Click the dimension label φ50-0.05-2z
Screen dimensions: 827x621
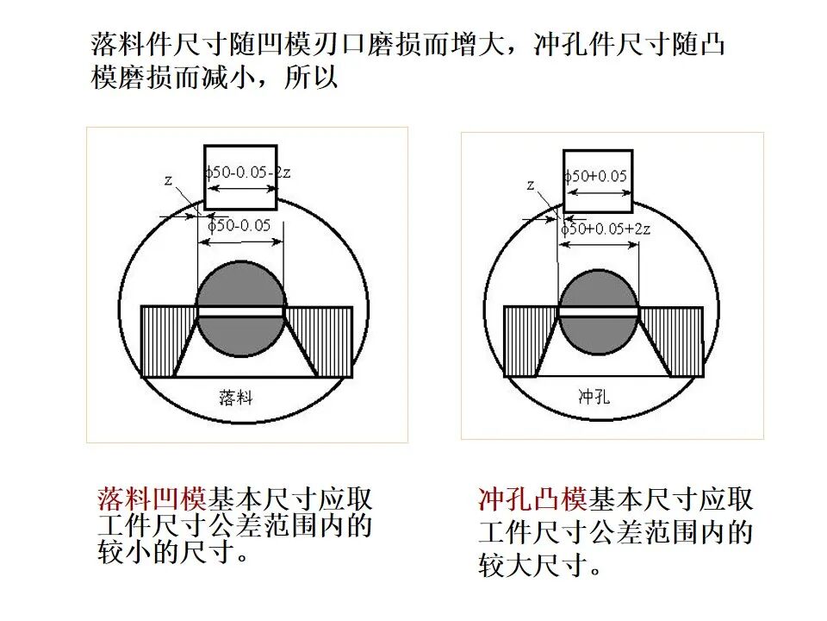tap(248, 172)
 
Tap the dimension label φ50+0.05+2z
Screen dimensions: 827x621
tap(606, 229)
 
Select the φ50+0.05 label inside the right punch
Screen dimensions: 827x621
tap(595, 176)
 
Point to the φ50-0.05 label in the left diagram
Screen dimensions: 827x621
tap(239, 225)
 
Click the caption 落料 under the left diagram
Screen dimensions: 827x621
tap(236, 397)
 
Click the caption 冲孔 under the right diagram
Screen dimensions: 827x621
tap(594, 396)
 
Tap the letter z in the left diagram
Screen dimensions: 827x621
tap(168, 180)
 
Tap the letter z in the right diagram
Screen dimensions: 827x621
tap(530, 185)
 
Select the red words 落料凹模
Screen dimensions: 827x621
tap(152, 499)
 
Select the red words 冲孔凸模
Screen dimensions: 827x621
tap(532, 499)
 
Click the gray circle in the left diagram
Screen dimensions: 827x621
tap(241, 309)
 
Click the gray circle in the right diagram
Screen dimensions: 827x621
tap(599, 311)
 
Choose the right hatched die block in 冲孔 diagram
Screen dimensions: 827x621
tap(676, 341)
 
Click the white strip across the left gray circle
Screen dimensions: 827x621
tap(241, 311)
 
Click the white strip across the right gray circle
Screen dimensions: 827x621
tap(599, 312)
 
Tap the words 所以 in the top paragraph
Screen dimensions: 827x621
tap(311, 77)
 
